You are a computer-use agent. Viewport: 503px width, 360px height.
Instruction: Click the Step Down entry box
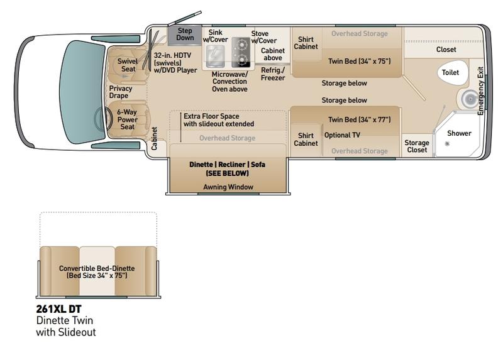pos(185,35)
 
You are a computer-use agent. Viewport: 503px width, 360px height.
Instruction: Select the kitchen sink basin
pos(215,56)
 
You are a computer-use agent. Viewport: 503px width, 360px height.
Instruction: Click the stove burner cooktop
pos(241,52)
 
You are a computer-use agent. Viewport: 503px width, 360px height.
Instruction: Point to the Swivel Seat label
pos(128,65)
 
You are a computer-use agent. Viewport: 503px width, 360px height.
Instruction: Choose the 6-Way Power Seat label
pos(128,119)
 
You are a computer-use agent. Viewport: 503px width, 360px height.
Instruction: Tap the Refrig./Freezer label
pos(273,74)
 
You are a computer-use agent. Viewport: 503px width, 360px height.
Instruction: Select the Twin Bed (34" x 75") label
pos(359,61)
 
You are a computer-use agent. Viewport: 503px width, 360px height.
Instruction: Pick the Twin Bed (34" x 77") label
pos(359,119)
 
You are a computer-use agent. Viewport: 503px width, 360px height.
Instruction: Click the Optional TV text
pos(342,135)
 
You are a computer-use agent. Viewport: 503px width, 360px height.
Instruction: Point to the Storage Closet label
pos(417,146)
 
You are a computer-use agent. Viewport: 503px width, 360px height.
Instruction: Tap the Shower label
pos(459,133)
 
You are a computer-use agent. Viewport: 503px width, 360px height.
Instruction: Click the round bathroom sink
pos(470,99)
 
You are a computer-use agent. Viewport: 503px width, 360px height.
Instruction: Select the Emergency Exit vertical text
pos(480,90)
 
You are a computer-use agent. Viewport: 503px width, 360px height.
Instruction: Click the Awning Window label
pos(228,187)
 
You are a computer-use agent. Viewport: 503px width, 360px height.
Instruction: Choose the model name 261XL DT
pos(58,309)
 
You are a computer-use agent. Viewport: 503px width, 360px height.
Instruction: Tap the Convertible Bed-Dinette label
pos(97,268)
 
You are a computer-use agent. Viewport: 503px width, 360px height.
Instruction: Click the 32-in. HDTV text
pos(172,55)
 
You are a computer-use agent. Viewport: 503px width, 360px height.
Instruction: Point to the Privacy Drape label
pos(121,92)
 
